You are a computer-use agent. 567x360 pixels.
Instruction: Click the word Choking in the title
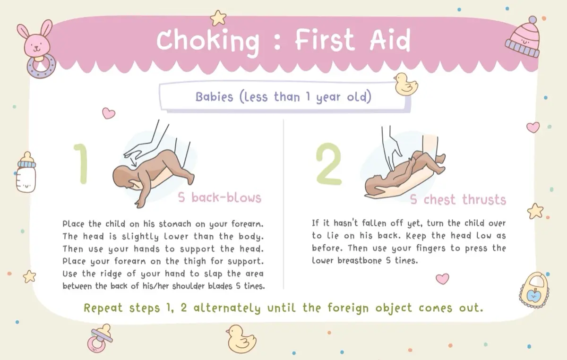[208, 42]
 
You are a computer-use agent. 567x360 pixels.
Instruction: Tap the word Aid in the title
[390, 40]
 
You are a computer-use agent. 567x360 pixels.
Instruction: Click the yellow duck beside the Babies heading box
[406, 84]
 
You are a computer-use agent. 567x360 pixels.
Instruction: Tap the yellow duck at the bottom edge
[241, 339]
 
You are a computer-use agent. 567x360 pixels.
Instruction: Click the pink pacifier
[100, 338]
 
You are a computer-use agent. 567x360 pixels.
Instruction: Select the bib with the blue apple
[534, 290]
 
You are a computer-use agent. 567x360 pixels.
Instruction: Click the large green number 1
[81, 164]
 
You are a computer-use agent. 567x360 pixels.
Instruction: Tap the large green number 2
[328, 164]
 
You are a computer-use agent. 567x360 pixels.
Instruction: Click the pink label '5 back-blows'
[219, 198]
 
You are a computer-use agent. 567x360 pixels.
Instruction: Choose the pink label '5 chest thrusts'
[458, 199]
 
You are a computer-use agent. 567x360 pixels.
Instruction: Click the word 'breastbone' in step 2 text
[360, 260]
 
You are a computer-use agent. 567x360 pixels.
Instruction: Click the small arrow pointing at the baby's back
[133, 163]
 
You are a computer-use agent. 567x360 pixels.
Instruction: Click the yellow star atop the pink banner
[218, 18]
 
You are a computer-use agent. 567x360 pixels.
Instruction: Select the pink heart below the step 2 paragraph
[442, 279]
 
